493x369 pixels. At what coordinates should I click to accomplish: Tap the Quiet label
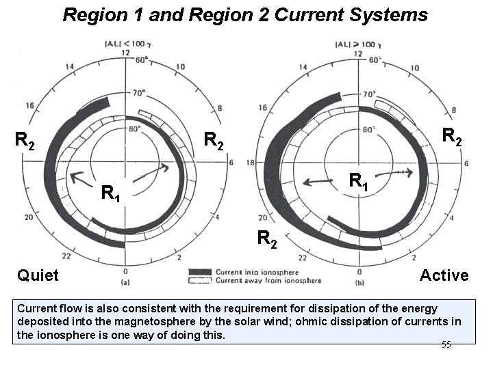(38, 275)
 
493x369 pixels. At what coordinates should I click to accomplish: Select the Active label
(444, 275)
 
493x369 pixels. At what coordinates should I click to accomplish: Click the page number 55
(446, 344)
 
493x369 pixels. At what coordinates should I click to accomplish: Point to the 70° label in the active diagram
(370, 94)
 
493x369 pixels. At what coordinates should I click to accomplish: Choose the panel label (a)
(125, 281)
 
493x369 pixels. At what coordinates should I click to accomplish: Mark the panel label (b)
(360, 281)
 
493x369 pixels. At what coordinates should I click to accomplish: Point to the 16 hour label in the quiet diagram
(29, 106)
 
